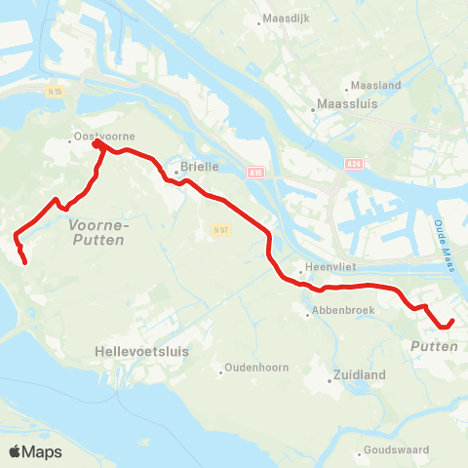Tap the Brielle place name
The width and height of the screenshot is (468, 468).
[x=198, y=167]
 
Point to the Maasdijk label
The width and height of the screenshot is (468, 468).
[x=287, y=19]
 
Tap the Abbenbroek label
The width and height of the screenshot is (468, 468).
[x=336, y=312]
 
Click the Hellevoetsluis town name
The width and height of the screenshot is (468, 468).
[x=142, y=349]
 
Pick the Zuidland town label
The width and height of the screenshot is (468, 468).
[x=360, y=374]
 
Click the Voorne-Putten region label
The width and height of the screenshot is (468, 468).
[x=97, y=231]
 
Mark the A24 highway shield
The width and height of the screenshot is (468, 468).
[x=352, y=165]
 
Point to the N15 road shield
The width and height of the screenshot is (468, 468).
[x=56, y=91]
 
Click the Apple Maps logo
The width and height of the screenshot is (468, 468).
[x=35, y=451]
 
